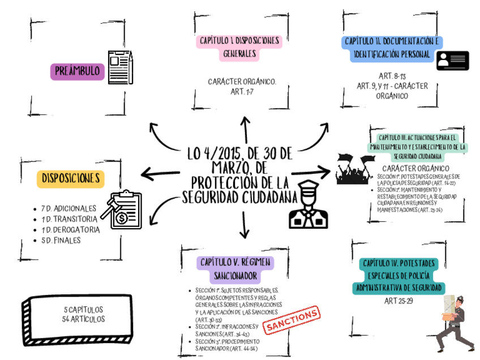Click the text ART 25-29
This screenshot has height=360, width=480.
click(x=398, y=301)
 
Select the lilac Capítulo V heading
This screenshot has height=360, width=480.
click(x=235, y=269)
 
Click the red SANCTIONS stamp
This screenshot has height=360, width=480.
click(x=293, y=320)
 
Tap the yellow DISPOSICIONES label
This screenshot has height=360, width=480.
click(x=71, y=178)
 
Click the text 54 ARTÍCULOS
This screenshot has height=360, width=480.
click(x=83, y=319)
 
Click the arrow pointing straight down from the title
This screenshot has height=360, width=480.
click(x=245, y=225)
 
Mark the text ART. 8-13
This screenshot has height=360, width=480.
click(x=392, y=76)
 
